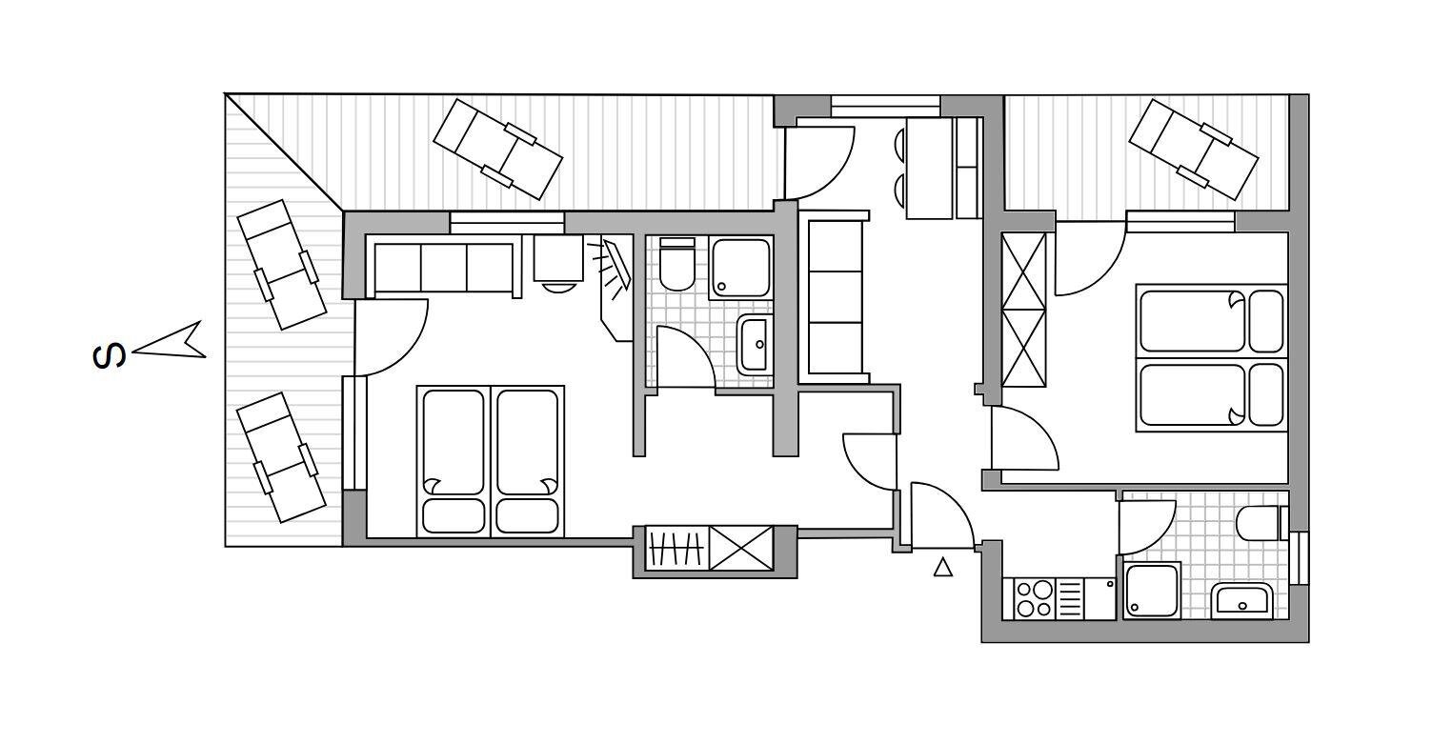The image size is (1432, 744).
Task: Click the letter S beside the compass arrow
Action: pyautogui.click(x=110, y=356)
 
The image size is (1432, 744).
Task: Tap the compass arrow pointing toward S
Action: pyautogui.click(x=170, y=342)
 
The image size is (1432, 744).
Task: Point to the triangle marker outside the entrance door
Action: pyautogui.click(x=942, y=567)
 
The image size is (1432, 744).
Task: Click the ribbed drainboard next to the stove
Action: pyautogui.click(x=1070, y=598)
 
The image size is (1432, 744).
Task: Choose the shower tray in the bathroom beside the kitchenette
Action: pyautogui.click(x=1152, y=591)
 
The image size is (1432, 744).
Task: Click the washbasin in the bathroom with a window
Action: pyautogui.click(x=1241, y=601)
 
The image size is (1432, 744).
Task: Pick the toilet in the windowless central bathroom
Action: pyautogui.click(x=677, y=265)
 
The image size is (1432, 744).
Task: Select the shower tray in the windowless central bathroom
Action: pyautogui.click(x=740, y=268)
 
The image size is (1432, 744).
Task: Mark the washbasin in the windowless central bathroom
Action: pyautogui.click(x=755, y=344)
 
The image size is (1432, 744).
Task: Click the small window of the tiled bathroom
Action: pyautogui.click(x=1299, y=558)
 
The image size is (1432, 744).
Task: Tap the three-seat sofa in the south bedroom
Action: pyautogui.click(x=445, y=269)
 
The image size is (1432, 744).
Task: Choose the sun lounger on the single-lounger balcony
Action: pyautogui.click(x=1193, y=149)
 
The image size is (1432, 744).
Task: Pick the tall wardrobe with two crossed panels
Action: pyautogui.click(x=1023, y=310)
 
